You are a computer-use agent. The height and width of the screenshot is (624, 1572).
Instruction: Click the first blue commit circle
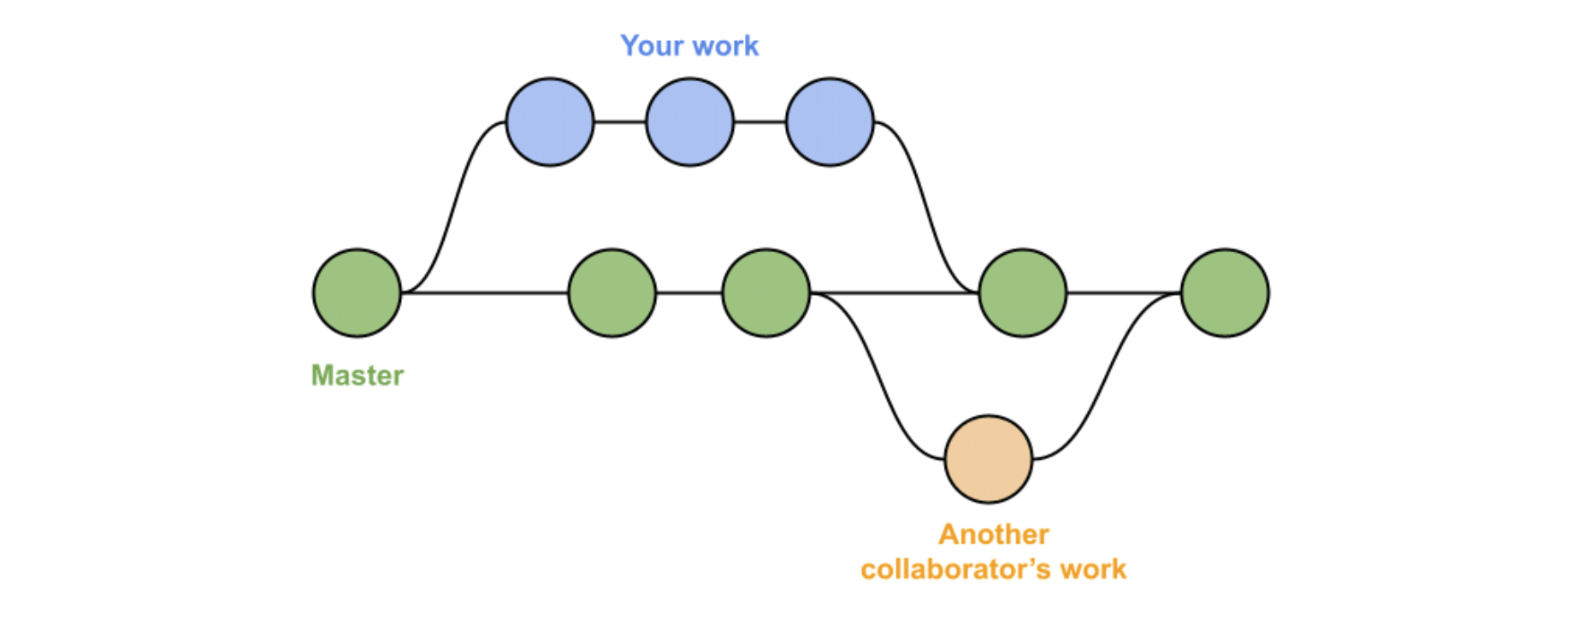[549, 122]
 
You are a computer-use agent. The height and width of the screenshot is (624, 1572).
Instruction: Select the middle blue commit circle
[689, 122]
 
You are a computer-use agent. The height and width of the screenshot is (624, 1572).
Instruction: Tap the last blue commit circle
[830, 122]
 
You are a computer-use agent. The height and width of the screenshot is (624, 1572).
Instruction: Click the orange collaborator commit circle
[989, 459]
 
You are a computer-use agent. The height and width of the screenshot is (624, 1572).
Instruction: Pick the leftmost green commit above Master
[357, 293]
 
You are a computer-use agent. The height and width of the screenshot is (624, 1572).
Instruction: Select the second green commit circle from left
[612, 293]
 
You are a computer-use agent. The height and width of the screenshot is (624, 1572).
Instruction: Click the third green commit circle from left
[766, 293]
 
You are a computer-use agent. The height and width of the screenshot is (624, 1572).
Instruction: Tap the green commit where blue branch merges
[1023, 293]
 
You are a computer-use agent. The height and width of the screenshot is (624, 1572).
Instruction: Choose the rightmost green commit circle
[1225, 293]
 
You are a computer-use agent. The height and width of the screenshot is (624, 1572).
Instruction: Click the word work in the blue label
[726, 45]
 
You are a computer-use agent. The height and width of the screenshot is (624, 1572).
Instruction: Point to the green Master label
[357, 375]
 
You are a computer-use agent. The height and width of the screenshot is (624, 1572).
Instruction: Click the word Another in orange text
[994, 534]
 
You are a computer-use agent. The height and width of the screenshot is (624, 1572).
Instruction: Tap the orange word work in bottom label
[1094, 569]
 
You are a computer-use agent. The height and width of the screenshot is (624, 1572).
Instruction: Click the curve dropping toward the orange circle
[877, 376]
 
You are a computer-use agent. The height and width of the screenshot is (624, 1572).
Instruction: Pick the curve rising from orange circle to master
[1107, 376]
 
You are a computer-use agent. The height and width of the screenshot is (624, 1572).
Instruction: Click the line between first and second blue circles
[619, 122]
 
